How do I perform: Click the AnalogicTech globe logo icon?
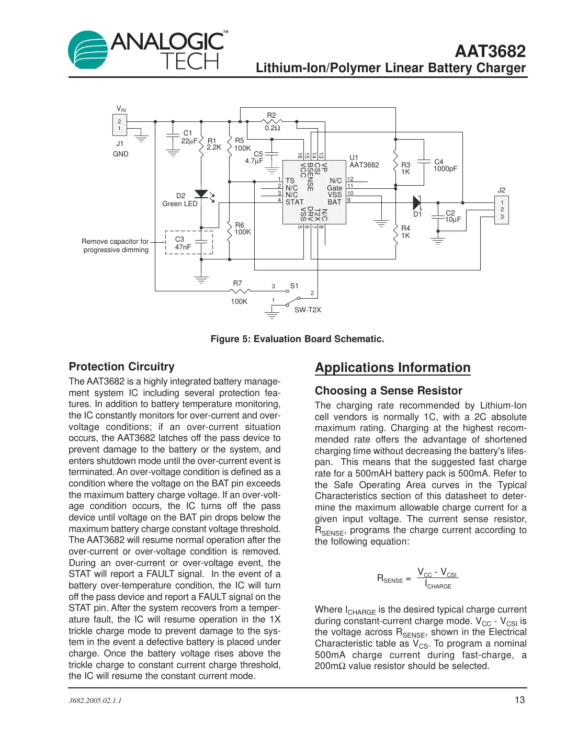[88, 50]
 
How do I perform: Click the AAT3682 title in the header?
[490, 51]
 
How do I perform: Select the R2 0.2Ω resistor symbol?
[272, 122]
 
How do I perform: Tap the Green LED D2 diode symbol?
[201, 195]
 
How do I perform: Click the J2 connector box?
[502, 210]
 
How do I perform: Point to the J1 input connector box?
[119, 125]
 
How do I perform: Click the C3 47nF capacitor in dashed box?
[201, 242]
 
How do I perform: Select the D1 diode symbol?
[417, 203]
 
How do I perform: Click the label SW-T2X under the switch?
[308, 310]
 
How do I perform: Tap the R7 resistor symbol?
[240, 291]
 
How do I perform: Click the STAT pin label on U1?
[294, 202]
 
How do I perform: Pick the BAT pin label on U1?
[334, 202]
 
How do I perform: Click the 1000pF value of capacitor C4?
[445, 169]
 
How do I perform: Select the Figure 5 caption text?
[297, 339]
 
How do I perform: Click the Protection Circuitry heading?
[121, 367]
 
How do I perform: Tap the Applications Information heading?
[392, 368]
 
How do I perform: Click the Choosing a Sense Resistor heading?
[388, 391]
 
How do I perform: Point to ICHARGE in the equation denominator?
[438, 585]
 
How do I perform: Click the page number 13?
[519, 700]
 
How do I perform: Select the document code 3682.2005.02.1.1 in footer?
[95, 700]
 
